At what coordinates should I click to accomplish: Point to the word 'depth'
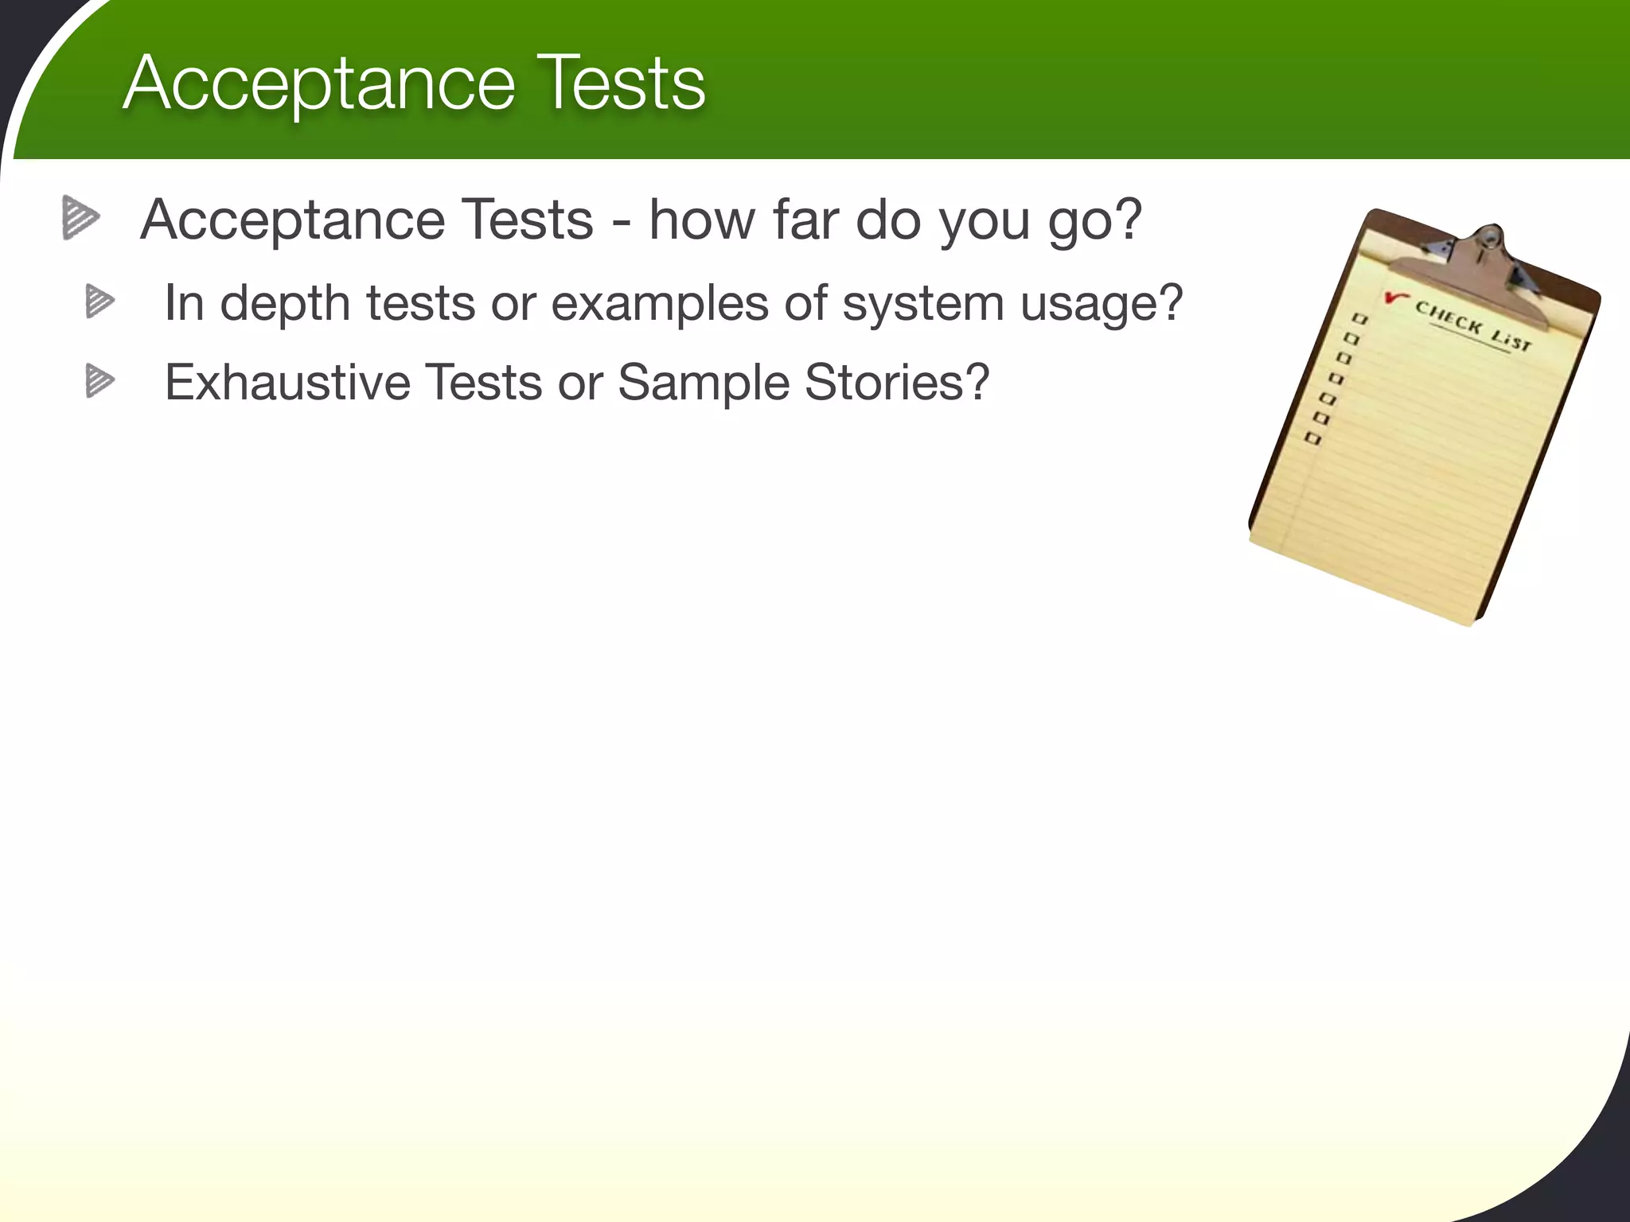(285, 304)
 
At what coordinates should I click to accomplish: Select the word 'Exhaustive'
(287, 383)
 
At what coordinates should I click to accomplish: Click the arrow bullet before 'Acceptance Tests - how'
(80, 217)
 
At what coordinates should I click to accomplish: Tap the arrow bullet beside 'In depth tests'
(99, 302)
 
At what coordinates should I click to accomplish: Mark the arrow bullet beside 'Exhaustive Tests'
(99, 380)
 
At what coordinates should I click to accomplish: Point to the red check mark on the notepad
(1394, 298)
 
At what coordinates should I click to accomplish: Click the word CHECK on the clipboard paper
(1449, 318)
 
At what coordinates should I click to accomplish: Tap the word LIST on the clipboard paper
(1511, 340)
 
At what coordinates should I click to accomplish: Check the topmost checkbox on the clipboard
(1360, 319)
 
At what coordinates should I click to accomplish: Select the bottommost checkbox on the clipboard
(1313, 438)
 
